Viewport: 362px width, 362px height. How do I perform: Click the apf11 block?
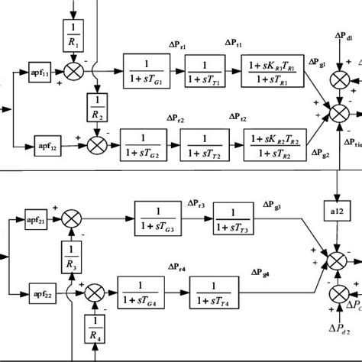coord(40,73)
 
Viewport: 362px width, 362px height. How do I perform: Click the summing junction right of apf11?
coord(75,73)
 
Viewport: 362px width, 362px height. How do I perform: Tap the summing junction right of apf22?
coord(95,291)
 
